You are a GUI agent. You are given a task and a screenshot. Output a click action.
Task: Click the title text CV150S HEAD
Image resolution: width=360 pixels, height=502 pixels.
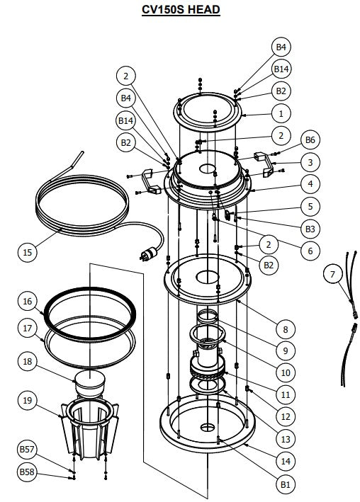coord(179,9)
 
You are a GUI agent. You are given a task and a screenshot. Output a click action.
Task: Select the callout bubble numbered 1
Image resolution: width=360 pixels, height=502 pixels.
coord(281,113)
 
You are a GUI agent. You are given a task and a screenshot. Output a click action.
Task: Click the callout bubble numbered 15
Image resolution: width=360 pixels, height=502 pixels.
coord(28,251)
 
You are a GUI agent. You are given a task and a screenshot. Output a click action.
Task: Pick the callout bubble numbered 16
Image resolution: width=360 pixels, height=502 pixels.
coord(28,302)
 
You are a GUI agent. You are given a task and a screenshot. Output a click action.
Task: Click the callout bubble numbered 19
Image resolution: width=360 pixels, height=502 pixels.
coord(28,401)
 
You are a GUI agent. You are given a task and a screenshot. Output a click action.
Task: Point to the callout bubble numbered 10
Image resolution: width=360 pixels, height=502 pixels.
coord(285,371)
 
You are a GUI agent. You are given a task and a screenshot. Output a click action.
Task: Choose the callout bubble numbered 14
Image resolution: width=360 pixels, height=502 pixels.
coord(285,461)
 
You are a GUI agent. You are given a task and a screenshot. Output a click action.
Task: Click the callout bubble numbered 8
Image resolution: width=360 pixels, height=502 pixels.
coord(285,329)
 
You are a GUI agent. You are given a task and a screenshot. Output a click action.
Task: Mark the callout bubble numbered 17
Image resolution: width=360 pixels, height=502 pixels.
coord(28,329)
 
